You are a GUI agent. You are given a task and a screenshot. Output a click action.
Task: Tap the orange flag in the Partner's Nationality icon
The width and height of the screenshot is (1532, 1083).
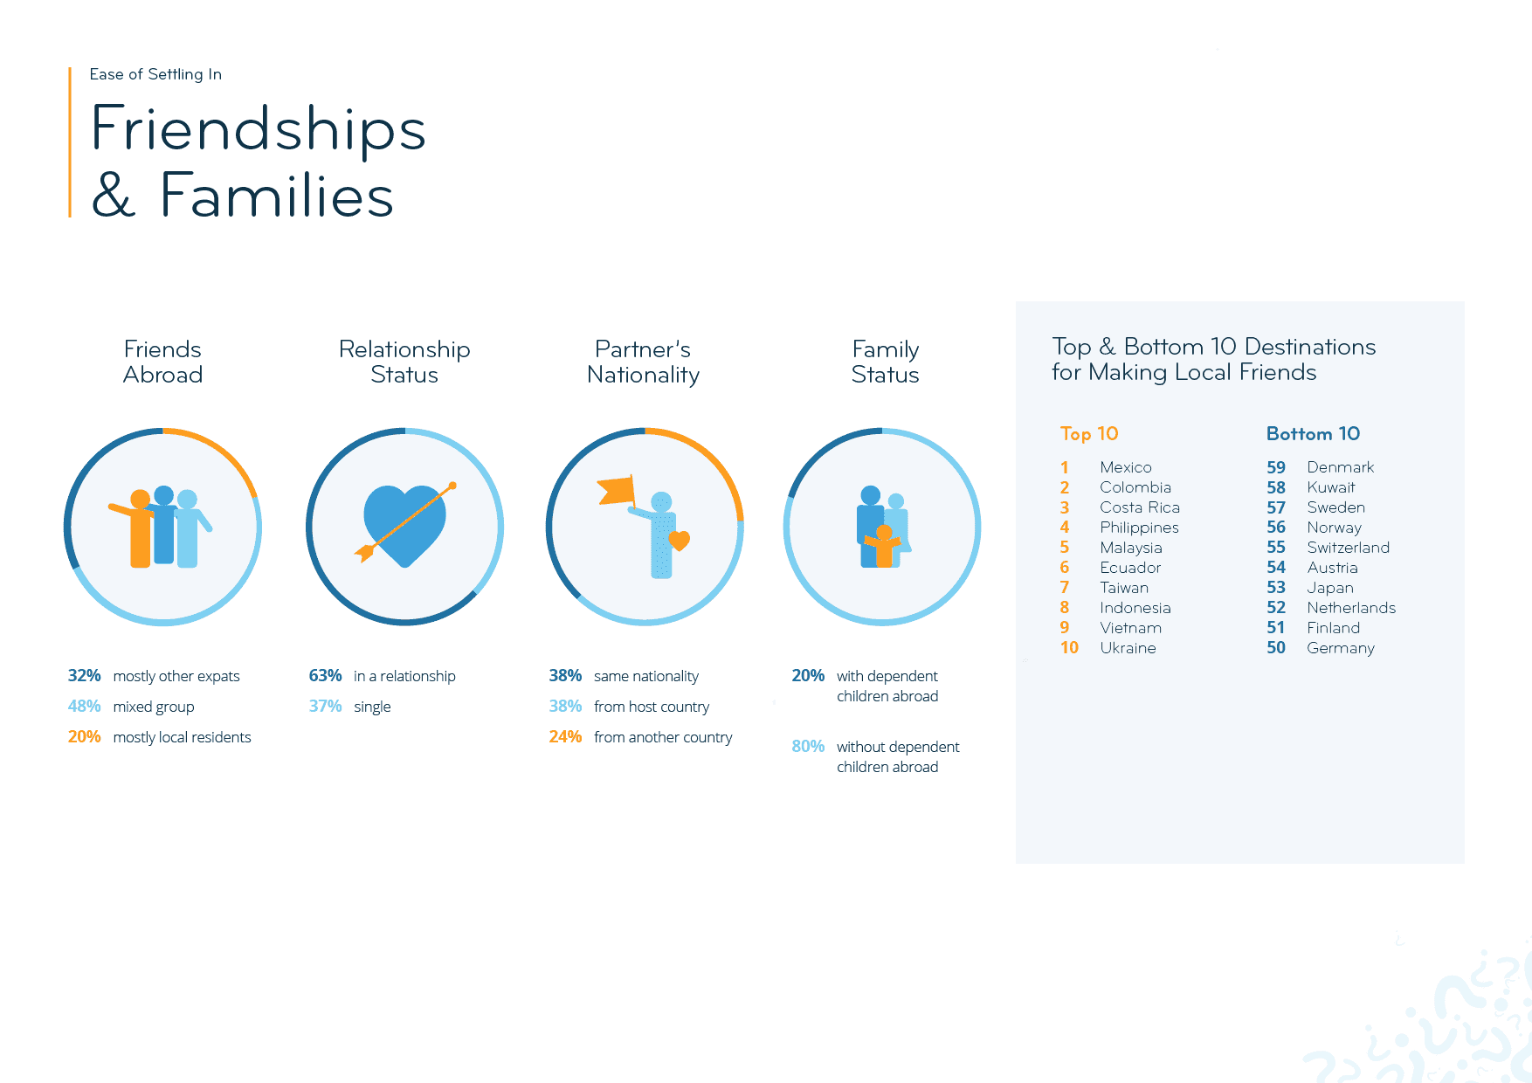tap(617, 490)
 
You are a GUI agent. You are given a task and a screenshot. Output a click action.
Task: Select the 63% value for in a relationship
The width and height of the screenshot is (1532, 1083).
tap(325, 676)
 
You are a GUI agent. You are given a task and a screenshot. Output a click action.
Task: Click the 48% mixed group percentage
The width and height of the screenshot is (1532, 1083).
tap(84, 707)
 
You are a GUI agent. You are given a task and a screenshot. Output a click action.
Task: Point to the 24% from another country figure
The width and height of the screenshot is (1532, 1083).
tap(565, 737)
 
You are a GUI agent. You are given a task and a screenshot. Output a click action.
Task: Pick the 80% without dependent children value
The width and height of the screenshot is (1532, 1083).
tap(808, 747)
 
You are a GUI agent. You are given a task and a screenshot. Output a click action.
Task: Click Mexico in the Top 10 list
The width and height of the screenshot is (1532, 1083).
tap(1125, 467)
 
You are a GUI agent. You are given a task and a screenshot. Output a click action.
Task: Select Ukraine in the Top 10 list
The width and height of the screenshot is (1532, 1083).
tap(1128, 648)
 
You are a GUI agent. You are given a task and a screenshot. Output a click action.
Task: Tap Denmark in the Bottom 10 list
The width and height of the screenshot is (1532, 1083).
tap(1340, 467)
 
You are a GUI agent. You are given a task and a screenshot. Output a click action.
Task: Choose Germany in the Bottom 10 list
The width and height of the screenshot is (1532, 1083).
tap(1340, 648)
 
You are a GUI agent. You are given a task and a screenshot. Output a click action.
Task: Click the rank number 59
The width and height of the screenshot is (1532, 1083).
tap(1276, 467)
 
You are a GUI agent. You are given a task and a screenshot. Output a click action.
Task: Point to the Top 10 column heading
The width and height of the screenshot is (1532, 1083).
tap(1089, 434)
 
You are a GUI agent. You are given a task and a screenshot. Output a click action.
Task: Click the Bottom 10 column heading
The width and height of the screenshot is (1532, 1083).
tap(1313, 434)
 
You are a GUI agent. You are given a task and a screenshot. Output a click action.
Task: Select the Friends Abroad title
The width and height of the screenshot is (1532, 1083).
tap(162, 362)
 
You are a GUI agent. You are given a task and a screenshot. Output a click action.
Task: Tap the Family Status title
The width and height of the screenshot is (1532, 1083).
tap(885, 362)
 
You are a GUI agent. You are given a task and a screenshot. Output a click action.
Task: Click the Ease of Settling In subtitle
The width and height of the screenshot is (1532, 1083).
tap(155, 74)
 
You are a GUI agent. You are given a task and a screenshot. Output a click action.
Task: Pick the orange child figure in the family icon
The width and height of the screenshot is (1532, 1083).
tap(883, 548)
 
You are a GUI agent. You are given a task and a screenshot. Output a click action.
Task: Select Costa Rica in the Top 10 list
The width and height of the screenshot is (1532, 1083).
tap(1139, 507)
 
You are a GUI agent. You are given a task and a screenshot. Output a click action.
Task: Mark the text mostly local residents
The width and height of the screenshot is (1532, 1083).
tap(182, 737)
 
